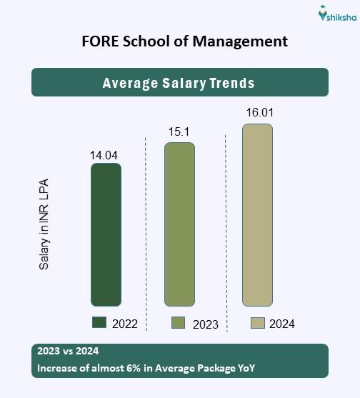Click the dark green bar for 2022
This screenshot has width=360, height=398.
106,235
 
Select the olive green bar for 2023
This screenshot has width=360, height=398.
179,224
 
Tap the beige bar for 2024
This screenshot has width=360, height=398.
257,215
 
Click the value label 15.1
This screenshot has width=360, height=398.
179,132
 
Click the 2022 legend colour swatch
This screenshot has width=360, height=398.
99,323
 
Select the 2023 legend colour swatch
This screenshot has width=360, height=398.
179,323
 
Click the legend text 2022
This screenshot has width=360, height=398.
125,324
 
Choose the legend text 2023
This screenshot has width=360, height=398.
205,324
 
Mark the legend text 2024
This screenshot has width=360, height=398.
281,324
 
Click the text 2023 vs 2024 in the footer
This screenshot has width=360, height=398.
66,352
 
